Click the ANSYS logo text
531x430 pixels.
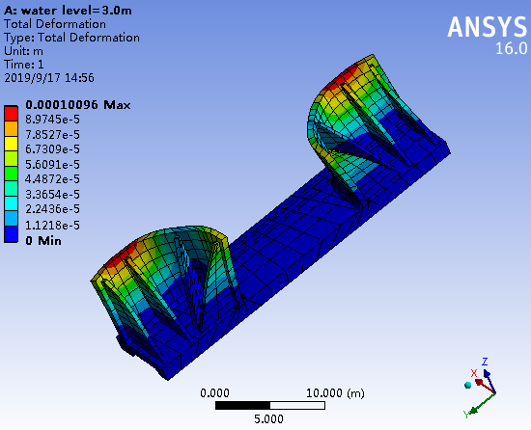(x=487, y=26)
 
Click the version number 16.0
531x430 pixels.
(x=512, y=48)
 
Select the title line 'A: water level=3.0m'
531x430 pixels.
(x=68, y=11)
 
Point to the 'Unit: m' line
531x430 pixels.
(x=23, y=51)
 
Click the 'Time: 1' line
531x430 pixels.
(x=24, y=65)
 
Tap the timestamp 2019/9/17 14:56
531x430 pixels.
(x=49, y=78)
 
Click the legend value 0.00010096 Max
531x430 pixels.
(x=78, y=105)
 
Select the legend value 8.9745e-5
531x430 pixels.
(x=52, y=120)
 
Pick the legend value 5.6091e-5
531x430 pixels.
(x=52, y=165)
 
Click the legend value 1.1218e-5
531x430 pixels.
(x=52, y=226)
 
